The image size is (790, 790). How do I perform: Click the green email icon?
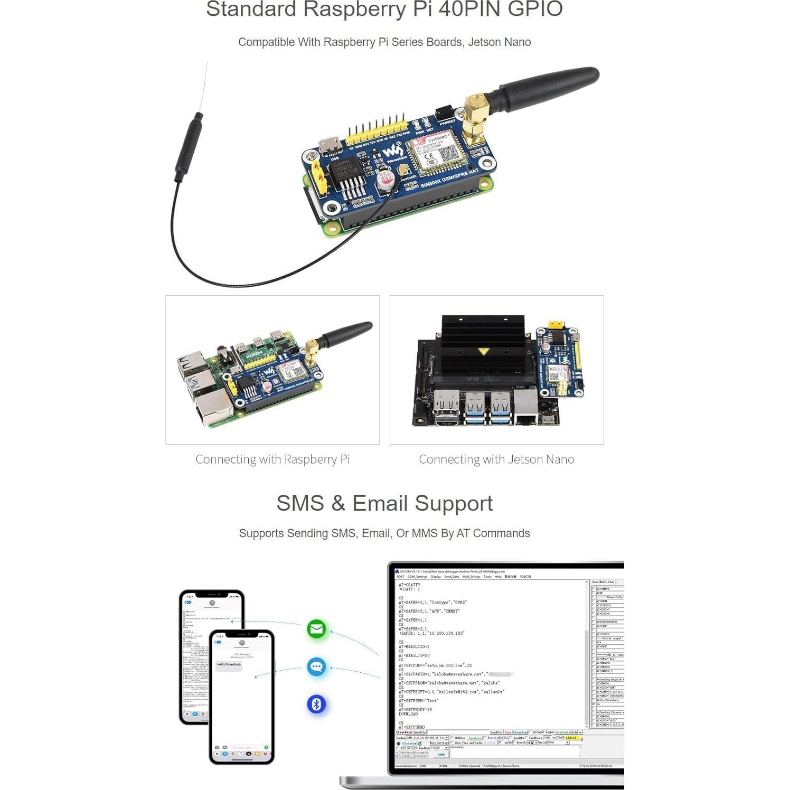316,629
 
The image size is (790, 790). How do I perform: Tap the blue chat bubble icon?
316,666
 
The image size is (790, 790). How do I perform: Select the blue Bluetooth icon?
316,704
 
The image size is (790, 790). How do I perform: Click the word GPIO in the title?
534,9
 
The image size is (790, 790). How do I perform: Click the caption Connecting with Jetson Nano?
496,459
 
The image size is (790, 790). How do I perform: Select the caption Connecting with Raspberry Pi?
272,459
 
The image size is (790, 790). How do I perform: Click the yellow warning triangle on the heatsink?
483,351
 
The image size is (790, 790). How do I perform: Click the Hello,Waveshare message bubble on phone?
229,665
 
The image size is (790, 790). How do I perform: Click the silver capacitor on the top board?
385,180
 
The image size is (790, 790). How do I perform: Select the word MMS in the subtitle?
424,533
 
